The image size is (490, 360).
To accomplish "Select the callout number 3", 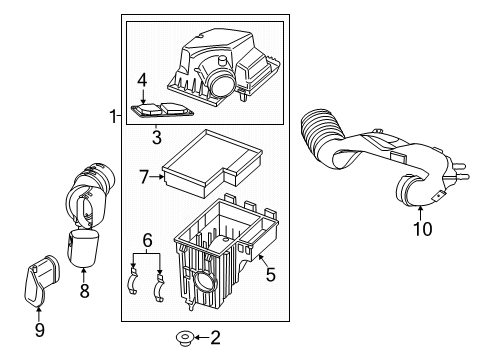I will (x=157, y=136).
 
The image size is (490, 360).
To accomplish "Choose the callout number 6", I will (x=147, y=241).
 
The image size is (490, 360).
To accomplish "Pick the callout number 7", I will (x=144, y=176).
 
